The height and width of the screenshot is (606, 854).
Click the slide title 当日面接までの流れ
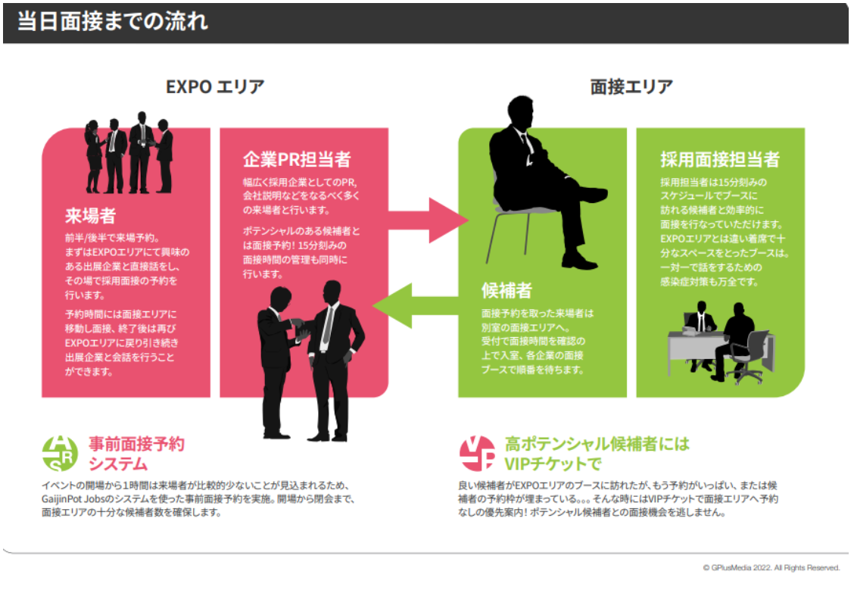click(112, 21)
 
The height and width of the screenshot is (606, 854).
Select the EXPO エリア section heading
click(215, 86)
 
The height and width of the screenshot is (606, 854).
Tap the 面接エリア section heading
click(631, 86)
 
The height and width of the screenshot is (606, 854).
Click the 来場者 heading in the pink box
click(90, 216)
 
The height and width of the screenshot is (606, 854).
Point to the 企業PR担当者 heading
click(296, 160)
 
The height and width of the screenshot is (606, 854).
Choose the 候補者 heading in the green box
click(506, 290)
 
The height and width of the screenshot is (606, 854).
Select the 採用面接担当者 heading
click(719, 160)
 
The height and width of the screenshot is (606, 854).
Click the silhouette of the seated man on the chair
click(541, 182)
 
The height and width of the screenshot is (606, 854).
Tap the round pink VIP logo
click(478, 453)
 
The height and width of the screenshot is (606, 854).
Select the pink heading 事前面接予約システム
click(136, 453)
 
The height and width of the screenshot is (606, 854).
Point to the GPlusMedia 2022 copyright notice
click(771, 567)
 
